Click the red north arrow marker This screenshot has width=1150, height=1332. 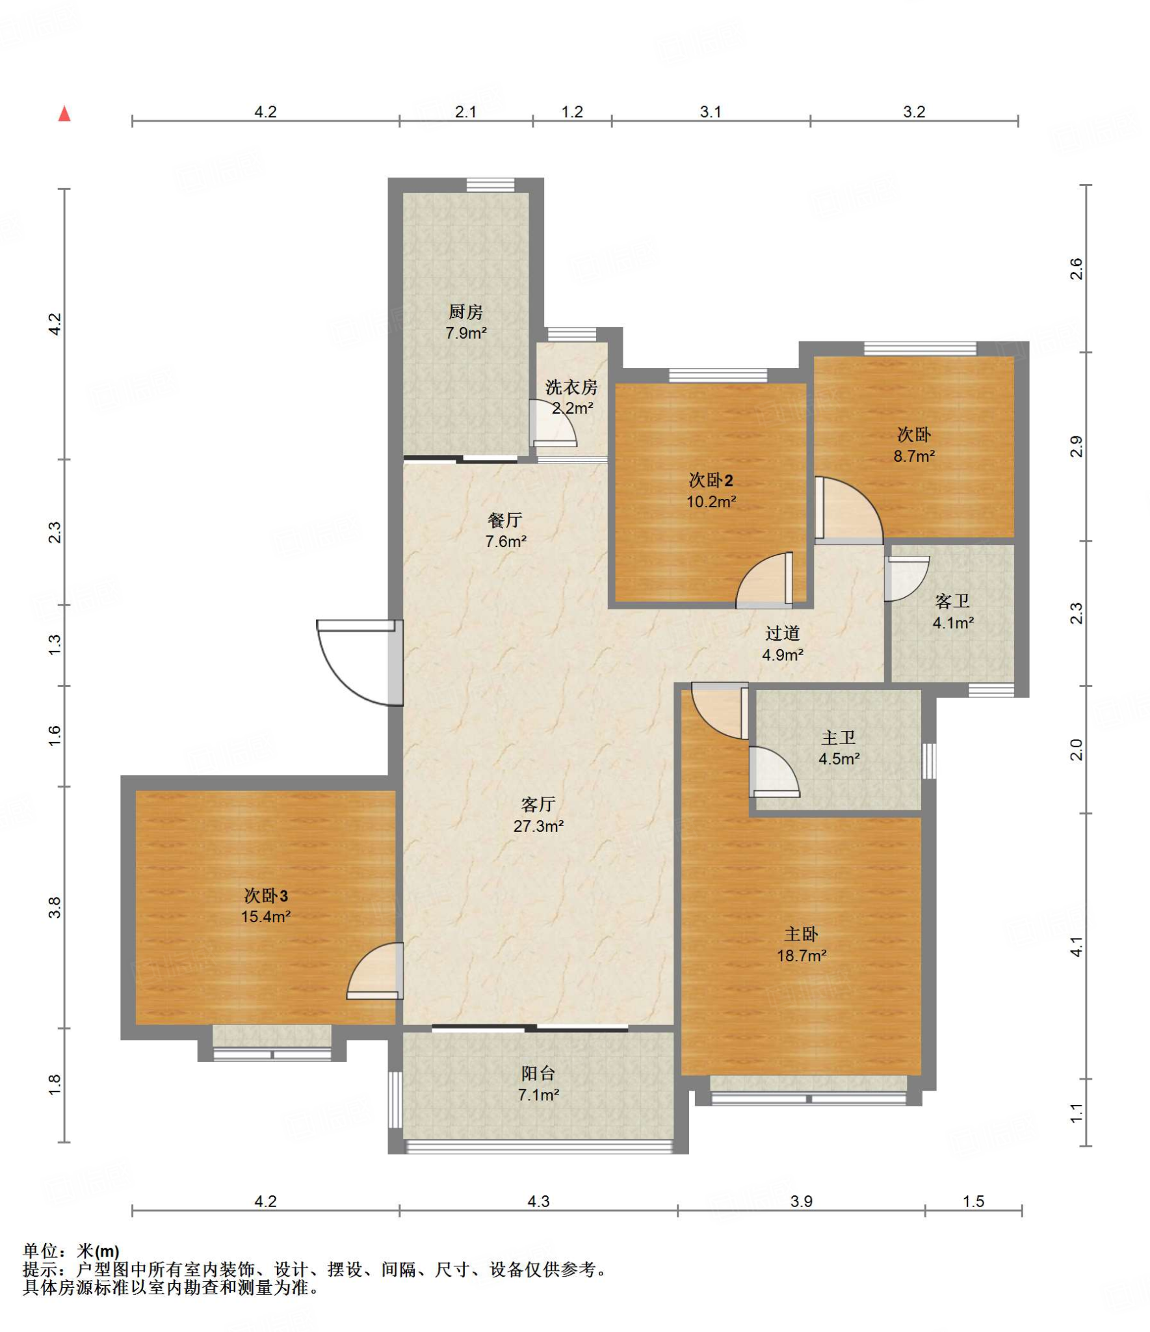(64, 114)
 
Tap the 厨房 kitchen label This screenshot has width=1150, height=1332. (465, 312)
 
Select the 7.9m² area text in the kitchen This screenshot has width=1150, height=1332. (465, 334)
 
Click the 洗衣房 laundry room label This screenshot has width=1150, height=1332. (571, 388)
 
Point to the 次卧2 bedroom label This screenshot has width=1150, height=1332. (711, 480)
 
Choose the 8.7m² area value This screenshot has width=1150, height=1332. (914, 456)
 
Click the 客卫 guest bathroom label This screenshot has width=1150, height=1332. (952, 601)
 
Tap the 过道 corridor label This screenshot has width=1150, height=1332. (782, 633)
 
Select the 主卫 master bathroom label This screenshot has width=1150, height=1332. (839, 738)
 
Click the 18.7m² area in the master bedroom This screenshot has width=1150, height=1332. (802, 956)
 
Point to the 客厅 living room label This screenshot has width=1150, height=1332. (538, 805)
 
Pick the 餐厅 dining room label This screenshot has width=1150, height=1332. (505, 520)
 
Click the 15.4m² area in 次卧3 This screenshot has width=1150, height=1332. (266, 917)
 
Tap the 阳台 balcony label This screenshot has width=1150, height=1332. (538, 1073)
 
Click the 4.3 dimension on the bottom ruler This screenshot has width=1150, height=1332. (538, 1201)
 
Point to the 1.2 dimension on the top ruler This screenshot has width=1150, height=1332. (572, 112)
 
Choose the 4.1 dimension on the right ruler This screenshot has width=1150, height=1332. (1077, 946)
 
